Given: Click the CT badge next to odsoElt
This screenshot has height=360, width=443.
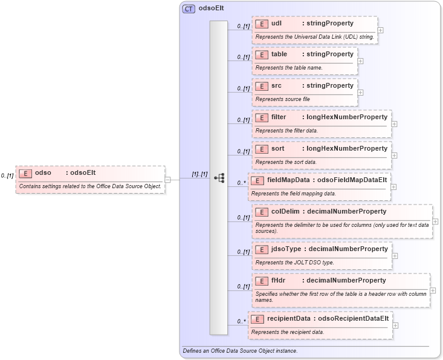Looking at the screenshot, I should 189,9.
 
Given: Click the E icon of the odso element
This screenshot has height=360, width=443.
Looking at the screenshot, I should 25,173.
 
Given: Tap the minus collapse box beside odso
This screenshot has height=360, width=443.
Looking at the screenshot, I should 167,179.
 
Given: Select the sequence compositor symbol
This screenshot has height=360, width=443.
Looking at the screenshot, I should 219,178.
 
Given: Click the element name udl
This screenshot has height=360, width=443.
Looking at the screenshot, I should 277,23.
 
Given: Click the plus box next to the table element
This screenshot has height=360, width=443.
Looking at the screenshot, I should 360,61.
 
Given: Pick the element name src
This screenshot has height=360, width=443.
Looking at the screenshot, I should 277,85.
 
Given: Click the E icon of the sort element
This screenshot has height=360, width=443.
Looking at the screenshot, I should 262,148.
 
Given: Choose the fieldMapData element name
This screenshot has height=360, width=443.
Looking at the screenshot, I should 288,180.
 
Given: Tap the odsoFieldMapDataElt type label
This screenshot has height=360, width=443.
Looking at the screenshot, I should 352,180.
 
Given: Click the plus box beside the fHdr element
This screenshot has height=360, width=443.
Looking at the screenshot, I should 433,290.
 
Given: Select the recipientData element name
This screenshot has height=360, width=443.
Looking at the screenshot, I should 288,318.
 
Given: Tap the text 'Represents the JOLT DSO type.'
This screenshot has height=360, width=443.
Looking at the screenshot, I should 295,262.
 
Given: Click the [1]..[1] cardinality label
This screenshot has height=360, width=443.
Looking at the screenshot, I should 199,174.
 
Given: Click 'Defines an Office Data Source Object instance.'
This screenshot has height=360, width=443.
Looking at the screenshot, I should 240,351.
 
